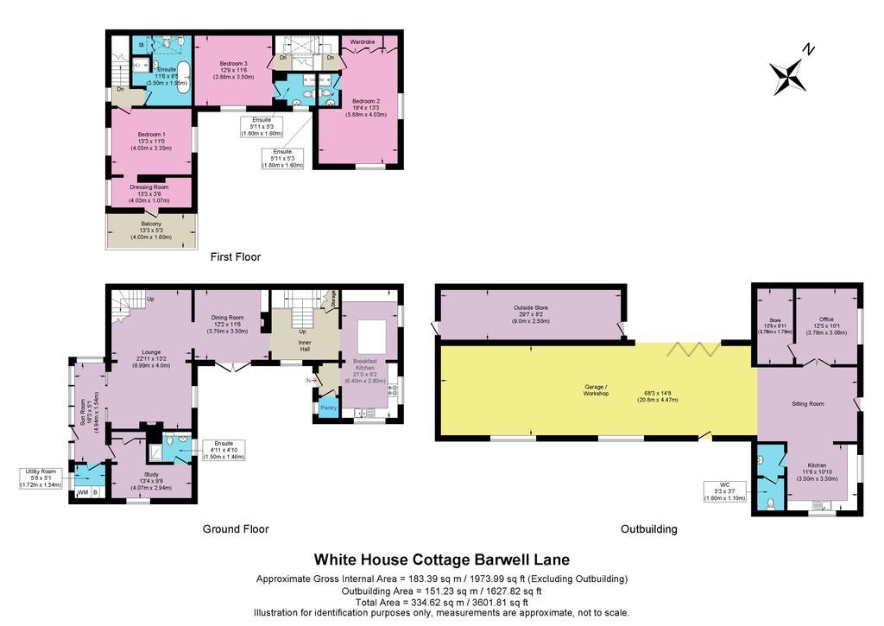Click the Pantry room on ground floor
(x=328, y=407)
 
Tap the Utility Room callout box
(x=41, y=478)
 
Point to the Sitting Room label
(x=809, y=403)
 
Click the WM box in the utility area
(x=83, y=492)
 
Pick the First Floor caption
(x=236, y=257)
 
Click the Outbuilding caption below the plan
(x=648, y=529)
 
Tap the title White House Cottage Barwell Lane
(x=441, y=560)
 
